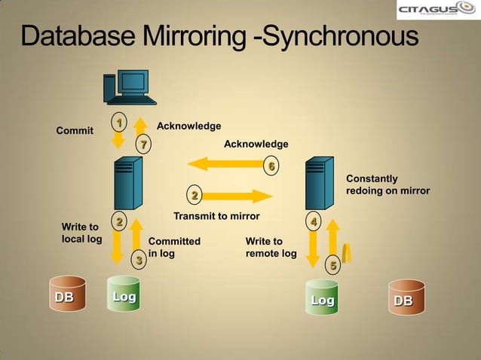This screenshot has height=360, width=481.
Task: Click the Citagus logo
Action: [x=436, y=10]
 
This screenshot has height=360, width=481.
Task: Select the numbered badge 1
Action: [x=118, y=121]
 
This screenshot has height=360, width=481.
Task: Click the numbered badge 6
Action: [x=271, y=166]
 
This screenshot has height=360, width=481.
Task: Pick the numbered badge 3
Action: [x=138, y=261]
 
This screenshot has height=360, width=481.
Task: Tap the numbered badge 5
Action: [x=332, y=265]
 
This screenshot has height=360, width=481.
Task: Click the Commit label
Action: [x=75, y=131]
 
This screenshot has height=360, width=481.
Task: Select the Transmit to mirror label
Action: [x=216, y=216]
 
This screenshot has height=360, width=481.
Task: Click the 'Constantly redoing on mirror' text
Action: [x=387, y=185]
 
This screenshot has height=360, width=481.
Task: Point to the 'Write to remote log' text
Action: [x=271, y=247]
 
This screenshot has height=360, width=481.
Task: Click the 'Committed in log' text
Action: [x=174, y=247]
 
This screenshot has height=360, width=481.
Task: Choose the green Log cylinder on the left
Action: [x=124, y=297]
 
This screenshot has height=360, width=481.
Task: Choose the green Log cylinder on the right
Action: [x=323, y=301]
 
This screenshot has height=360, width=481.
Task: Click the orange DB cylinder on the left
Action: [x=64, y=297]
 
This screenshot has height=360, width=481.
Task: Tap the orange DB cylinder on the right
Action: [x=404, y=301]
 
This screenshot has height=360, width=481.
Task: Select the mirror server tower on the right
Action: [x=319, y=183]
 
